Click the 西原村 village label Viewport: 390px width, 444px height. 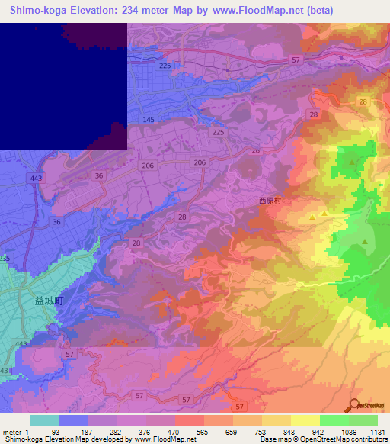coord(270,202)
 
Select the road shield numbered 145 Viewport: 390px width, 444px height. coord(149,121)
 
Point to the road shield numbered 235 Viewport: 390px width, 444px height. coord(5,259)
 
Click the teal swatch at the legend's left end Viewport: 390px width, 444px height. coord(45,420)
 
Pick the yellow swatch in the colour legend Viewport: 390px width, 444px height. coord(305,420)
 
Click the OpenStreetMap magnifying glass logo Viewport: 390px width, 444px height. coord(356,406)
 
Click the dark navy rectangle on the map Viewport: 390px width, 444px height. coord(61,84)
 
